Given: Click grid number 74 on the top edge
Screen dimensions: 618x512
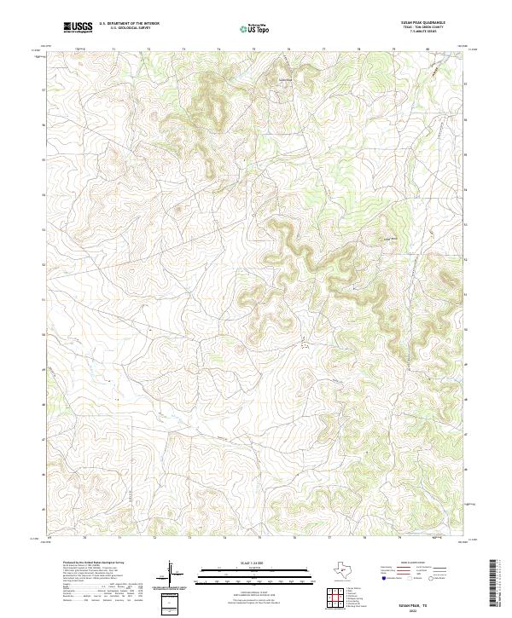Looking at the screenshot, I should [218, 49].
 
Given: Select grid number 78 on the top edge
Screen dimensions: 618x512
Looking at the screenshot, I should [358, 49].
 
